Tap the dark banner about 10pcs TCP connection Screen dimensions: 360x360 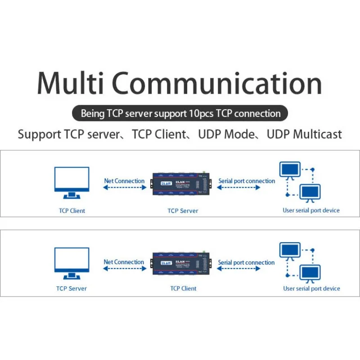(180, 113)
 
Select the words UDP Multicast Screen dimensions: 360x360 (304, 134)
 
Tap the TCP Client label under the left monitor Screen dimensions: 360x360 (72, 210)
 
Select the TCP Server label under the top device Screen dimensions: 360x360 (183, 210)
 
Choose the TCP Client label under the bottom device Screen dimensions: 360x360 (183, 288)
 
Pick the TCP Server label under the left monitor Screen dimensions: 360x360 (72, 288)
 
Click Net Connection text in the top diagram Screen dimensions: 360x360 (124, 181)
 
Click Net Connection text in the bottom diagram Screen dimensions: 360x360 (124, 262)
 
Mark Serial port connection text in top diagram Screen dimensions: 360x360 (247, 181)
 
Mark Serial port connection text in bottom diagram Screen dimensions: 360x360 (246, 262)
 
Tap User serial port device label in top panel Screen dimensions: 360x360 (311, 210)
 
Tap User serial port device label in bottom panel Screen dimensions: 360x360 (311, 288)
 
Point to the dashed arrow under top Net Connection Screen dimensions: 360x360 (124, 188)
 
